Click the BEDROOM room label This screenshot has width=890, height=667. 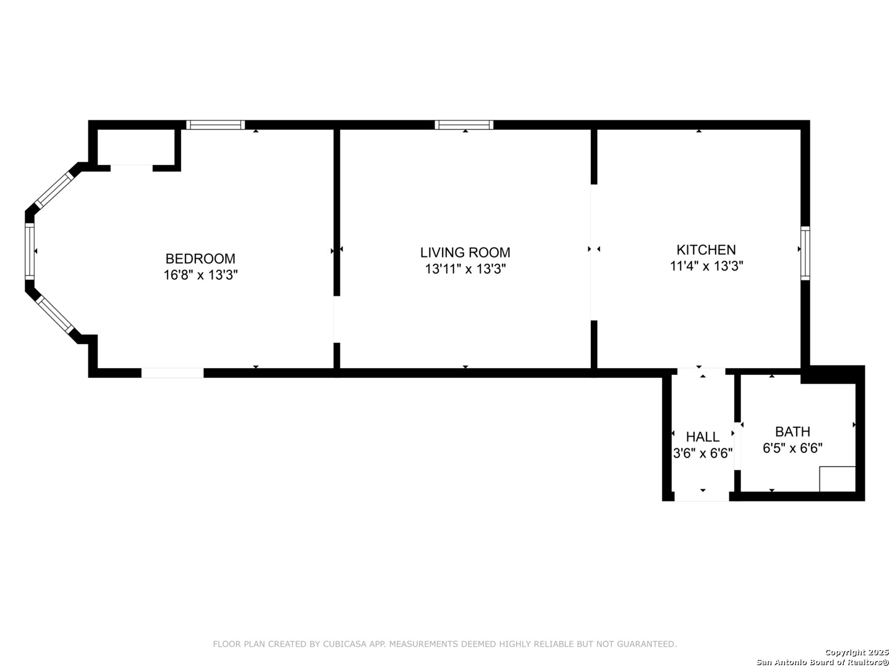[x=200, y=258]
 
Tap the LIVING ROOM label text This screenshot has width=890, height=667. [x=465, y=253]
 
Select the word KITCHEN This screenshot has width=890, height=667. [x=706, y=250]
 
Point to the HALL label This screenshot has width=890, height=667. [x=703, y=437]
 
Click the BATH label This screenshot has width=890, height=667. [x=792, y=432]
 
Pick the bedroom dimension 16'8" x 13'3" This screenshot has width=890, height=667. [x=200, y=275]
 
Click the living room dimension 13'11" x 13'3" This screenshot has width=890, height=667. [x=465, y=269]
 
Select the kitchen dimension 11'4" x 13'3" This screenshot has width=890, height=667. [x=706, y=266]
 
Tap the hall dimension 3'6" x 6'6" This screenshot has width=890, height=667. [x=703, y=453]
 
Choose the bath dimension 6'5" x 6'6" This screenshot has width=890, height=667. [x=792, y=448]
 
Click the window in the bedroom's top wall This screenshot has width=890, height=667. [x=215, y=125]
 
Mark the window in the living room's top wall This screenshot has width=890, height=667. [x=464, y=125]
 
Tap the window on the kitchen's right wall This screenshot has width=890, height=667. [x=805, y=253]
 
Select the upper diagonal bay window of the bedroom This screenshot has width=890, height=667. [x=54, y=190]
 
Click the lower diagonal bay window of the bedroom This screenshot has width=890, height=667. [x=54, y=315]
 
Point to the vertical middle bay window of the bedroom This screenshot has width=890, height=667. [x=30, y=251]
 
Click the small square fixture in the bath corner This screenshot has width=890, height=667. [x=837, y=479]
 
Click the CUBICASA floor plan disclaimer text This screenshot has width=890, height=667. [x=445, y=644]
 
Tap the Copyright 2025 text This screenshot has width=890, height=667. [x=857, y=652]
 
